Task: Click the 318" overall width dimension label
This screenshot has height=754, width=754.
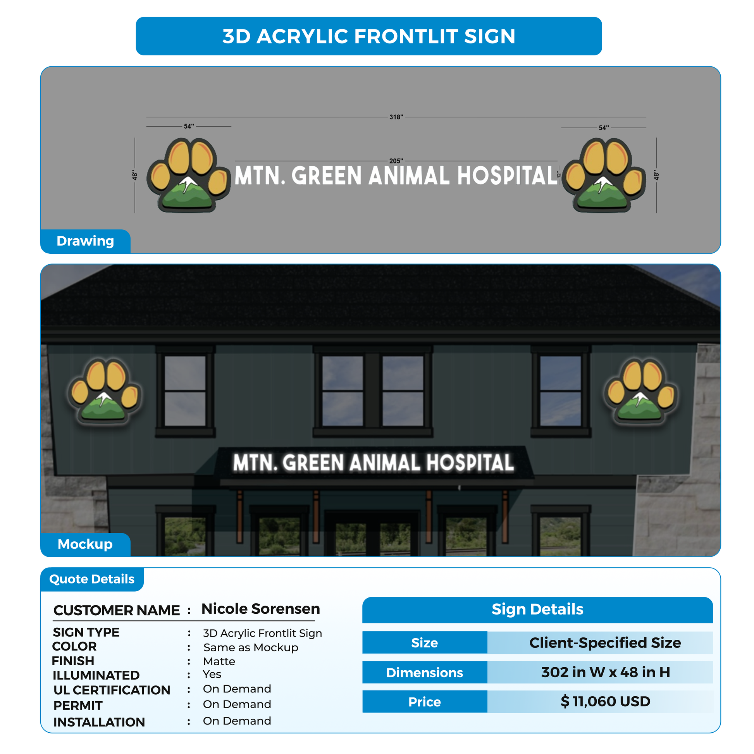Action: [x=396, y=117]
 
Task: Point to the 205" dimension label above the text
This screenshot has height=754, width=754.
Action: [x=396, y=161]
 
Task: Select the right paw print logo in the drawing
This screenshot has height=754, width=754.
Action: [x=604, y=175]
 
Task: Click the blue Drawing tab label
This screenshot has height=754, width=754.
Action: [x=86, y=241]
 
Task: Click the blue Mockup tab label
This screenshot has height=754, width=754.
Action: [x=86, y=544]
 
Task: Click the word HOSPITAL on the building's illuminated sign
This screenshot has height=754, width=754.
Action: [x=470, y=463]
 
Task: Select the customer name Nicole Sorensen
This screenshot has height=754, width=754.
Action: [x=261, y=609]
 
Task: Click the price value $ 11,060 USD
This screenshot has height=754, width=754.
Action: [x=605, y=701]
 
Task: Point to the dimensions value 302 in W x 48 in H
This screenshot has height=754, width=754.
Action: [x=605, y=672]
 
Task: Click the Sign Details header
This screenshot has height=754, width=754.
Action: [x=537, y=609]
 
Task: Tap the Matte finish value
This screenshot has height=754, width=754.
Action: [x=219, y=661]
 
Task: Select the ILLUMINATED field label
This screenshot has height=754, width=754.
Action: [x=96, y=675]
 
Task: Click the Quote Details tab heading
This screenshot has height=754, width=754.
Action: [x=92, y=579]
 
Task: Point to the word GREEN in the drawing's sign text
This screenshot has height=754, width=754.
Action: [x=327, y=176]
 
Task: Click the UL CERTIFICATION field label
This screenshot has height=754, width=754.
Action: [x=112, y=690]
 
